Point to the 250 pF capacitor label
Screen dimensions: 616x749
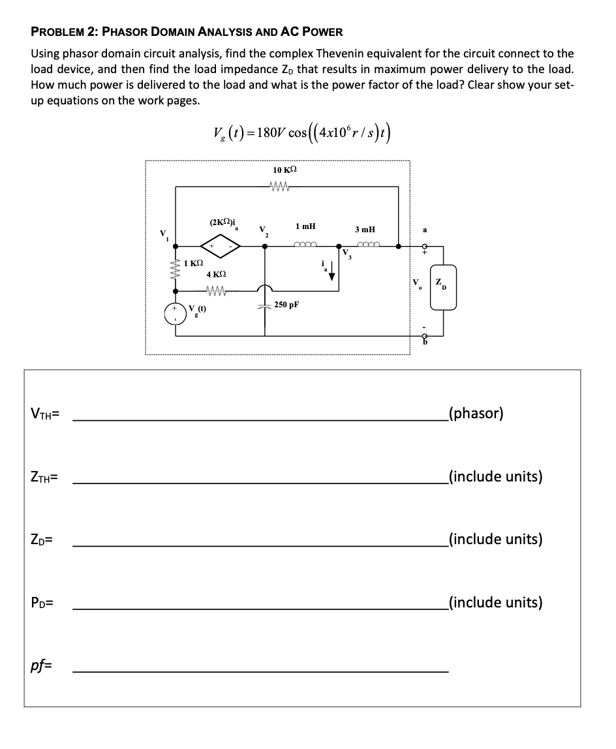tap(286, 304)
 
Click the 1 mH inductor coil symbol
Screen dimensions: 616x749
tap(305, 246)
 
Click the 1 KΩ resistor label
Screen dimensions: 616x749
tap(193, 264)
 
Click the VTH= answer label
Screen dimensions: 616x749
tap(45, 414)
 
